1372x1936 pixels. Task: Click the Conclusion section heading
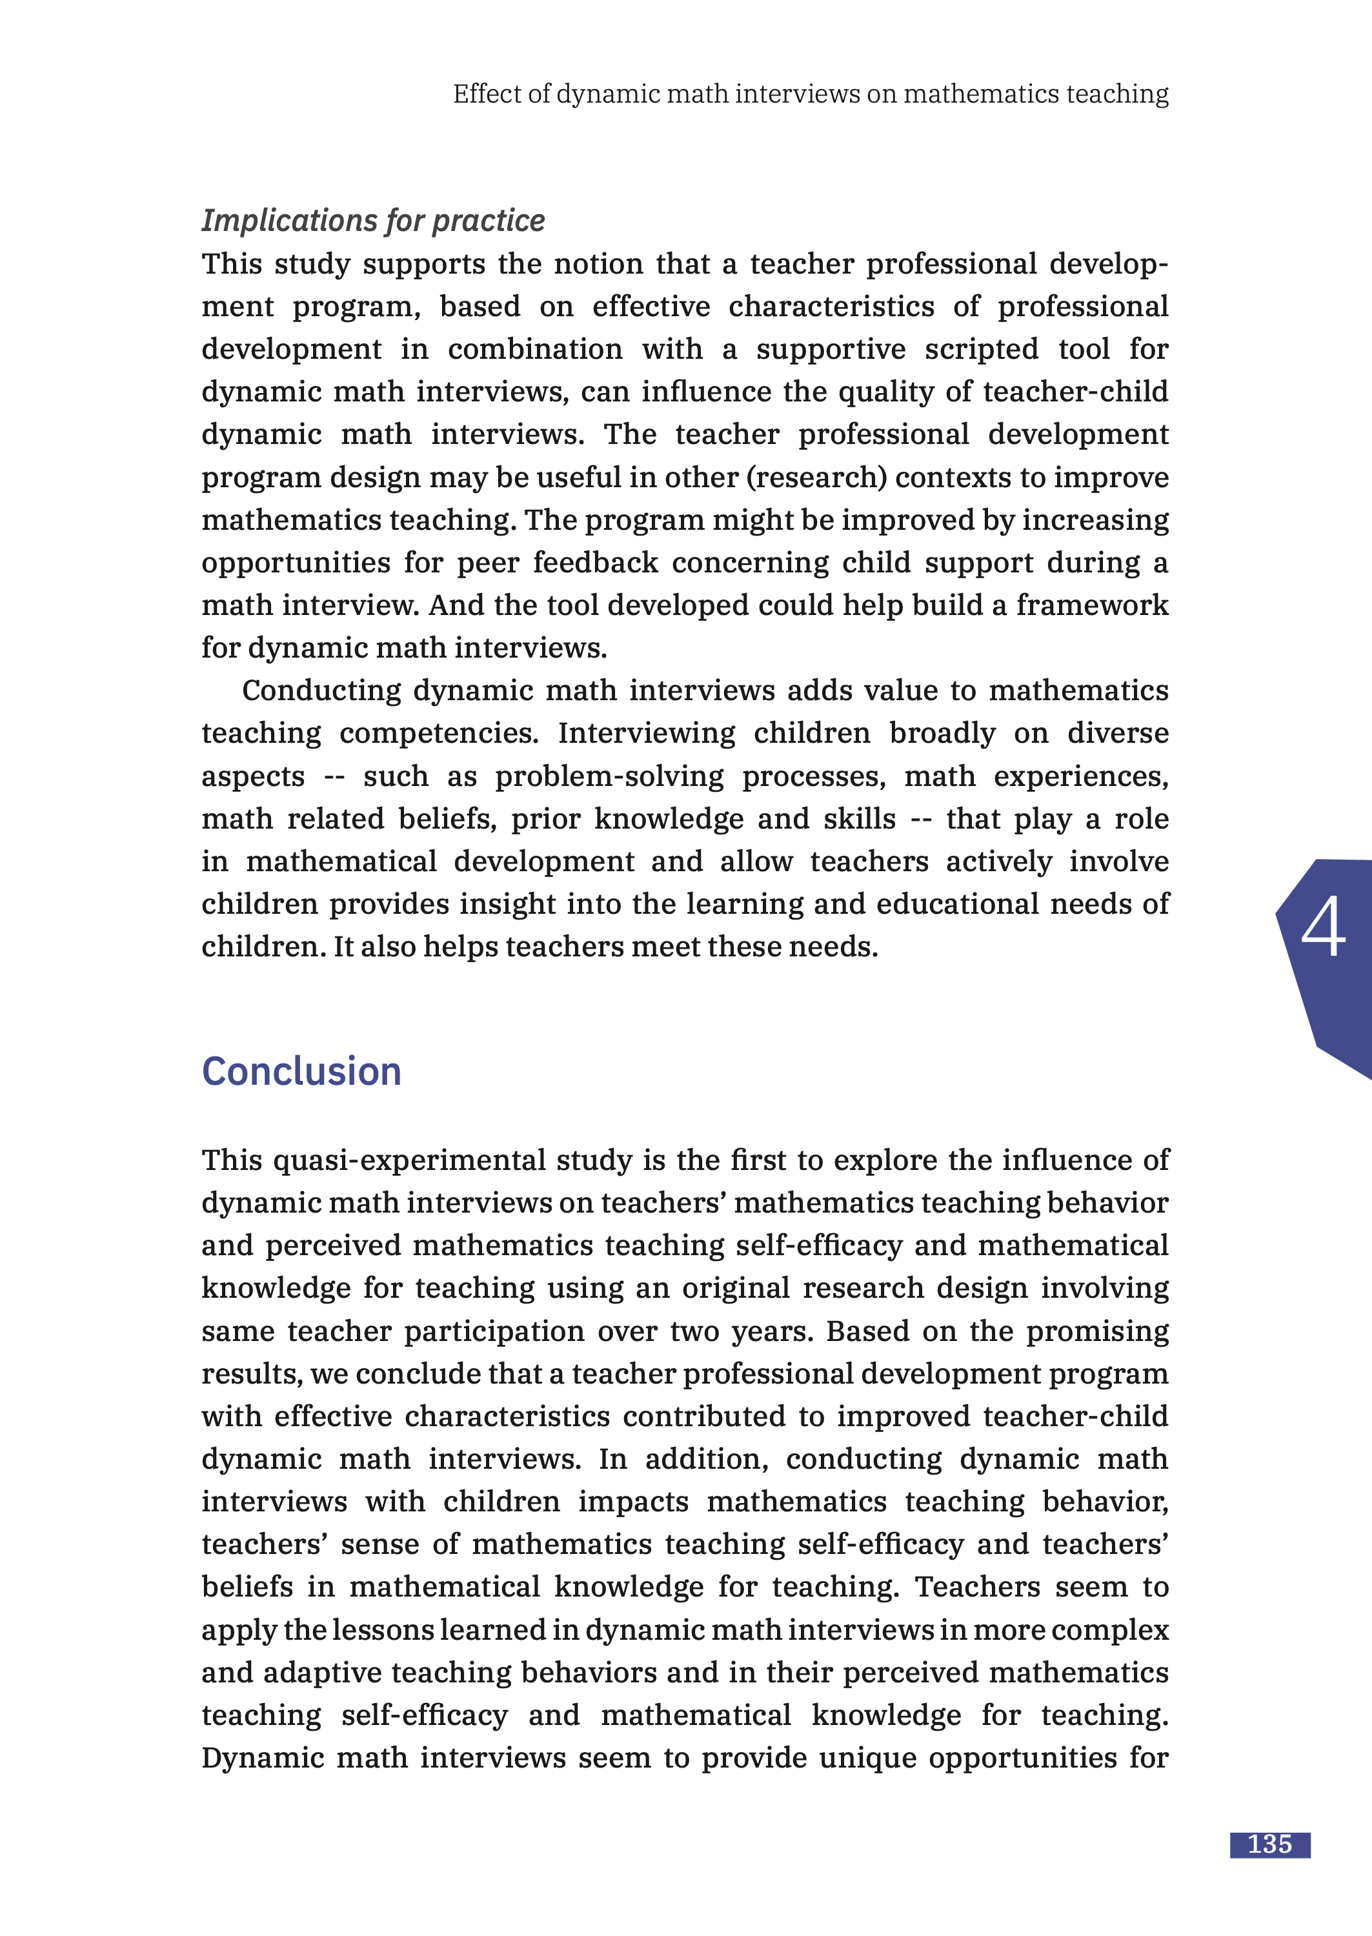[x=301, y=1072]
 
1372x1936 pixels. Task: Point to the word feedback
[x=595, y=563]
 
